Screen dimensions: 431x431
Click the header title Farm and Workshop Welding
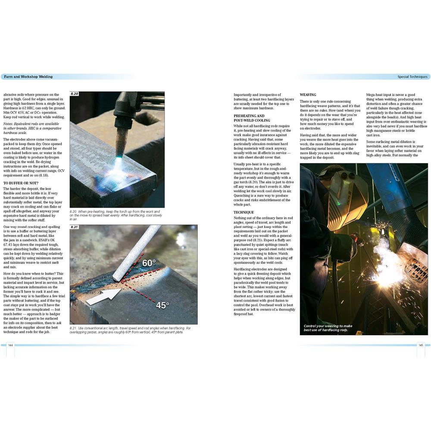(28, 77)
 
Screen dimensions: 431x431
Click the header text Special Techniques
(412, 77)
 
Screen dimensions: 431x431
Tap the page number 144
(10, 345)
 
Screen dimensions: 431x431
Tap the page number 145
(421, 345)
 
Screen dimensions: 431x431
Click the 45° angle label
(162, 305)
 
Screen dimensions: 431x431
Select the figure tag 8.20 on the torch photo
(75, 94)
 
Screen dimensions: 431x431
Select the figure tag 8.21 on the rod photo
(75, 227)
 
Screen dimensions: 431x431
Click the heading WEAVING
(308, 95)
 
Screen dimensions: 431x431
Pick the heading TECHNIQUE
(244, 212)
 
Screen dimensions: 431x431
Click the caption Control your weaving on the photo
(328, 328)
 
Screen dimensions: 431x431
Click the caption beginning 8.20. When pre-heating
(114, 213)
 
